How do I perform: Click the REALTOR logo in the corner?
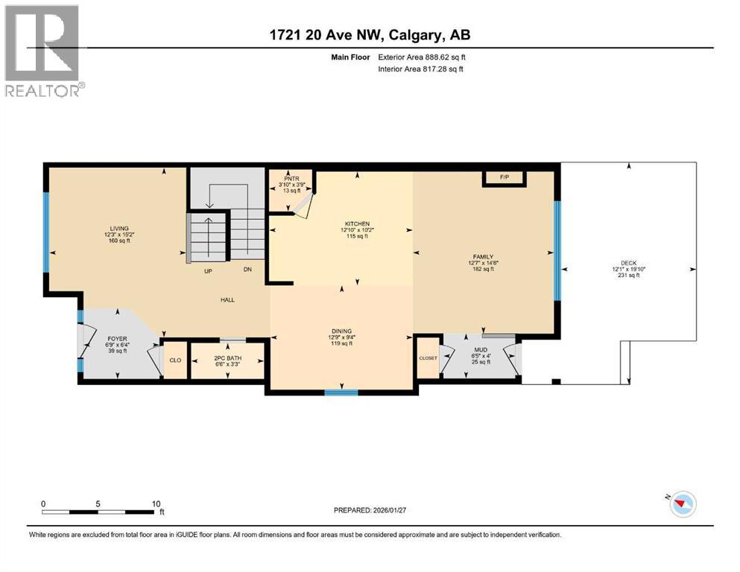pyautogui.click(x=42, y=51)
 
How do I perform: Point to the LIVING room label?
pyautogui.click(x=119, y=229)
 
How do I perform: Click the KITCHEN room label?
pyautogui.click(x=357, y=224)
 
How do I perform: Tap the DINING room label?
pyautogui.click(x=342, y=331)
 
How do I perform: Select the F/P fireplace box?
pyautogui.click(x=505, y=177)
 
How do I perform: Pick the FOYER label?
pyautogui.click(x=118, y=339)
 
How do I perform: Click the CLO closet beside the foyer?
pyautogui.click(x=175, y=360)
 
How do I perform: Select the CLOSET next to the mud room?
pyautogui.click(x=428, y=358)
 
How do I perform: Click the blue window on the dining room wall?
pyautogui.click(x=341, y=392)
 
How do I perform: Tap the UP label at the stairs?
pyautogui.click(x=209, y=270)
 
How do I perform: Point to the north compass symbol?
pyautogui.click(x=680, y=505)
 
